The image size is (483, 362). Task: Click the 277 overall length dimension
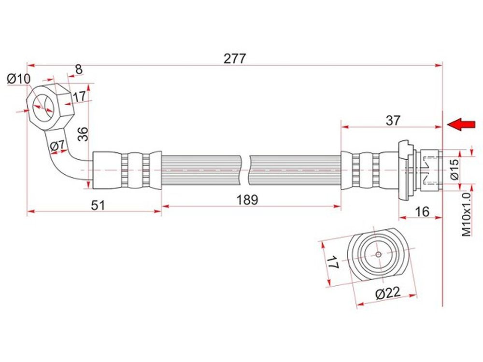[235, 58]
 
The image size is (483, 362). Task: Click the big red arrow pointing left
[461, 125]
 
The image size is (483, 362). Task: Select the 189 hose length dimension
[247, 200]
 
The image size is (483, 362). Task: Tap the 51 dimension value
[98, 205]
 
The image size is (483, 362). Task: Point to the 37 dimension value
[392, 120]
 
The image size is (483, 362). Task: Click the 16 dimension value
[422, 211]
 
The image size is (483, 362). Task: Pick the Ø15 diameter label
[455, 169]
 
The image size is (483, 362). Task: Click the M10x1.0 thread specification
[467, 214]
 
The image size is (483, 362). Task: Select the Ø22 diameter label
[388, 293]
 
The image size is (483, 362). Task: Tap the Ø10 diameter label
[19, 79]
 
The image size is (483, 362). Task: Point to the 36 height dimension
[83, 134]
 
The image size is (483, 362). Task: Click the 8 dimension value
[79, 69]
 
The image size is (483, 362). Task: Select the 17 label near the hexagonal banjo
[79, 97]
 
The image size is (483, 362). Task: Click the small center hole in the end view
[379, 254]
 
